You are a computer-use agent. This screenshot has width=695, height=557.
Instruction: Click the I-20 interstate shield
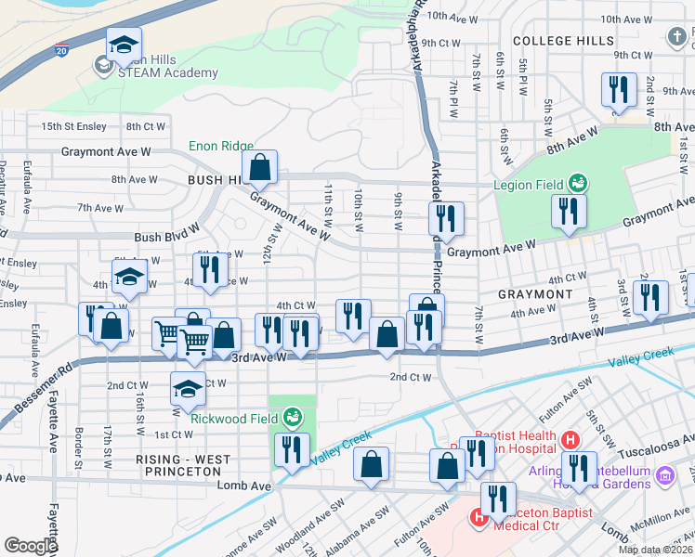(x=61, y=48)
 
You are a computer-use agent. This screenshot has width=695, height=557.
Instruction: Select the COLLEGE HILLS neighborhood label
(x=563, y=41)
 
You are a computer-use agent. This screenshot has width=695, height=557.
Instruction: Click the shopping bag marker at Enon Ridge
(x=261, y=168)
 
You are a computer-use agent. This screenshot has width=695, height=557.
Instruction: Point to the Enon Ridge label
(x=220, y=146)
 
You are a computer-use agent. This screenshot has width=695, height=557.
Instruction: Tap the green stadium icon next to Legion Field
(x=577, y=183)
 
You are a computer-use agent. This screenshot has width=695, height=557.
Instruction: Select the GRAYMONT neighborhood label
(x=534, y=294)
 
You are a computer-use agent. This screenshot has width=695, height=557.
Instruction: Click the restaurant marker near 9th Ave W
(x=618, y=90)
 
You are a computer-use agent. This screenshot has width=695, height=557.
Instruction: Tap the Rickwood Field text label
(x=234, y=418)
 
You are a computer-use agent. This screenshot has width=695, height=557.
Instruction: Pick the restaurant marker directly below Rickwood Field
(x=293, y=450)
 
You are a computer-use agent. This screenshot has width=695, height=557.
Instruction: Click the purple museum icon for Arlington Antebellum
(x=664, y=476)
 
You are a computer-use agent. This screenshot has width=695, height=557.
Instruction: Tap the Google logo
(x=31, y=546)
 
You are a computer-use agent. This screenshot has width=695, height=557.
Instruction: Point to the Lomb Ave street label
(x=243, y=486)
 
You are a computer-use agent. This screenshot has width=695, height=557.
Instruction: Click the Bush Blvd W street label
(x=166, y=238)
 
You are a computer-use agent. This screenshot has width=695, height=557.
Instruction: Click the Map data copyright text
(x=656, y=550)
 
